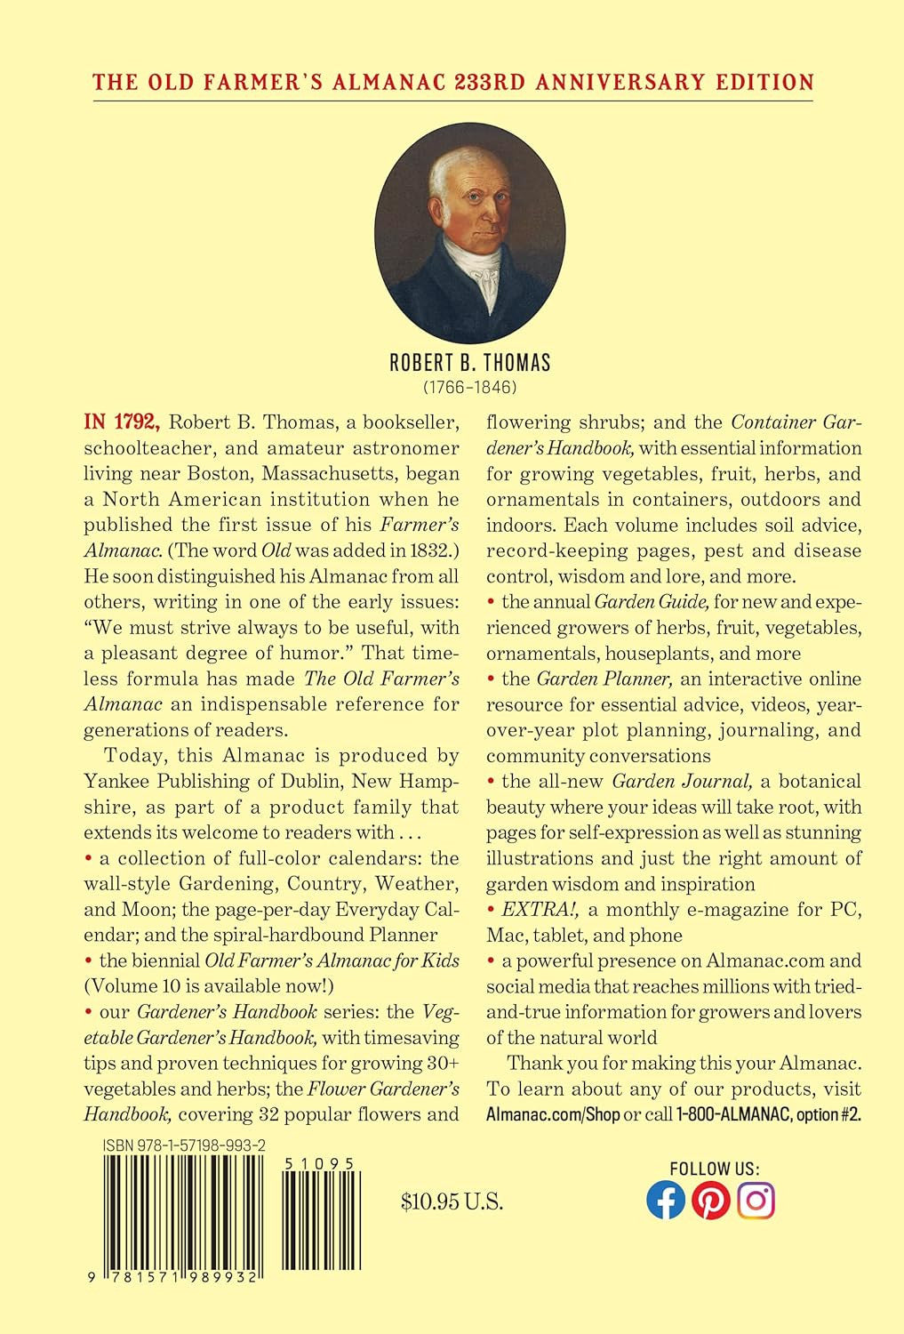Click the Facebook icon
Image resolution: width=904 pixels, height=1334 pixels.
point(666,1201)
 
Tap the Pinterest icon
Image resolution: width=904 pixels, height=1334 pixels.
point(711,1201)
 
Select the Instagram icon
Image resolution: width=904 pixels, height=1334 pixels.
point(756,1201)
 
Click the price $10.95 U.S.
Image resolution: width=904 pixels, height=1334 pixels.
point(452,1202)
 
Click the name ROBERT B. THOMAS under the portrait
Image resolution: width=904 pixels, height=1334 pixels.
point(470,363)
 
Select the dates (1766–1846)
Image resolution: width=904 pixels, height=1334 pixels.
point(470,388)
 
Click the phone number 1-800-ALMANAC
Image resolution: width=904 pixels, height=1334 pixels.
point(732,1114)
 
